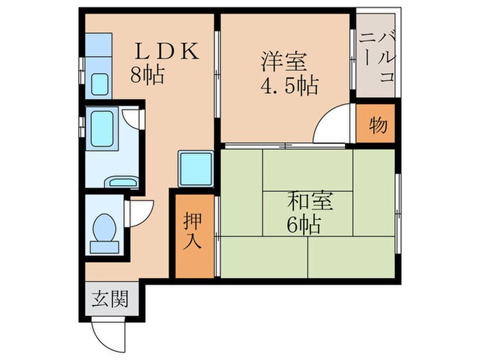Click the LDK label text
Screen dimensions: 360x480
(167, 51)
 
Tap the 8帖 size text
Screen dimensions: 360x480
(147, 75)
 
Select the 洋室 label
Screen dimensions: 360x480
(282, 62)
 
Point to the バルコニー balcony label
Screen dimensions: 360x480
(376, 56)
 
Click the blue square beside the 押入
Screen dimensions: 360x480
(195, 167)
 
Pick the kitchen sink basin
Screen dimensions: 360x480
(100, 84)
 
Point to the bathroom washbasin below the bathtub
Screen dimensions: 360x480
(123, 182)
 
